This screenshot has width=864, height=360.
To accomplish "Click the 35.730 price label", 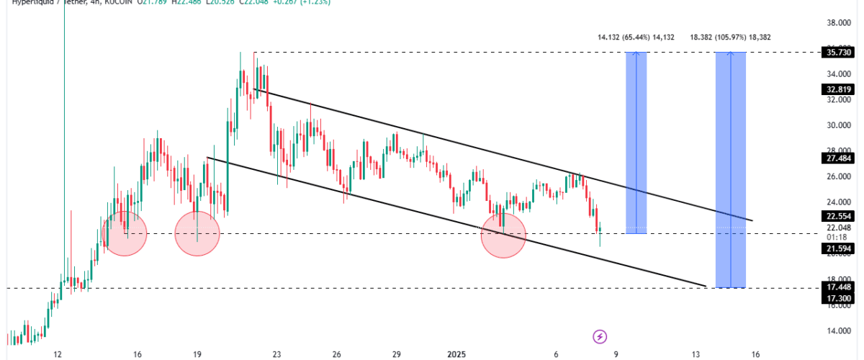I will pos(837,53).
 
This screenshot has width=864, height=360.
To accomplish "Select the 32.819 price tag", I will pos(837,90).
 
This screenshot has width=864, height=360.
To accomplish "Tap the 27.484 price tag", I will pos(837,158).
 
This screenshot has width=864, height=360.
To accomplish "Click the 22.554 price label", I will pos(837,215).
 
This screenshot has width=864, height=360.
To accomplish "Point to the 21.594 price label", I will pos(837,248).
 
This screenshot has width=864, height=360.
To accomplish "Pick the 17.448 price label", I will pos(837,287).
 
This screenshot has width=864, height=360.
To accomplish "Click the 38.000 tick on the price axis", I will pos(837,23).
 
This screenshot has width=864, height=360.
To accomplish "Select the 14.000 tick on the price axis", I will pos(837,331).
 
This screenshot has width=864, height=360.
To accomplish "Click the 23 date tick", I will pos(276,354).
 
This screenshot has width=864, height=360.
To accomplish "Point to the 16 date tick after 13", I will pos(755,354).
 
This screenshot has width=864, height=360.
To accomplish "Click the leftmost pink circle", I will pos(125,232).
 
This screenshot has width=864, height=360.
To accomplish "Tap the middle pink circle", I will pos(197,233).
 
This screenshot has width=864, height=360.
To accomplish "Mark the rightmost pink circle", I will pos(503,235).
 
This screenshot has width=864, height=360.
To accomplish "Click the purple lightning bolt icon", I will pos(600,336).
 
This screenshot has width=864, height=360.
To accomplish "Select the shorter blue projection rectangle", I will pos(636,143).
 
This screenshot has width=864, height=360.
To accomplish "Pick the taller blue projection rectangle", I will pos(730,170).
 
